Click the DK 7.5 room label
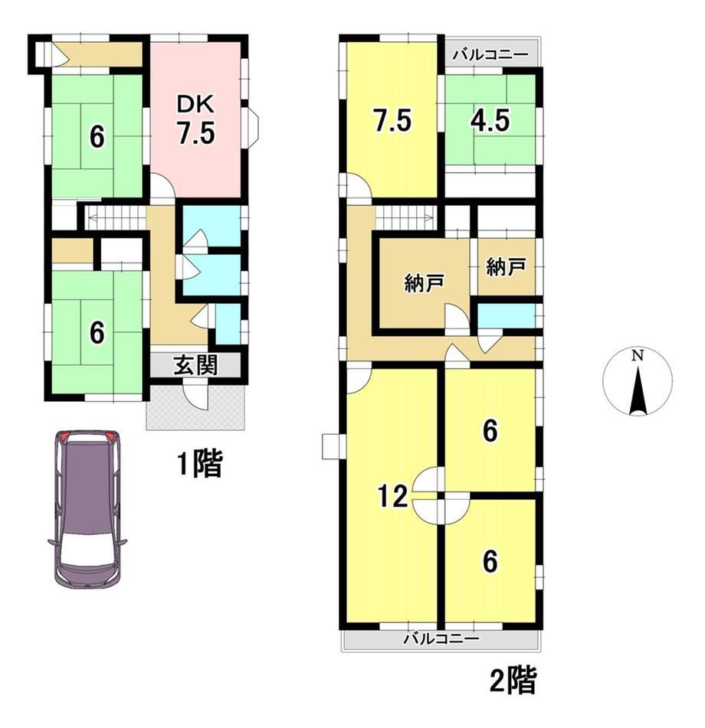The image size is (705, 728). point(195,119)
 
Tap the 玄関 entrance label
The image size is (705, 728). point(195,365)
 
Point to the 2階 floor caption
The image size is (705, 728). point(513,680)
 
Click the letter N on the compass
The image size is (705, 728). point(638,356)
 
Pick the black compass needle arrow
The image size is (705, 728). point(638,390)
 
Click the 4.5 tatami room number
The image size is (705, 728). point(490,121)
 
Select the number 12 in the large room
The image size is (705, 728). point(392,497)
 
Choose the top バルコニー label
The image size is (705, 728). point(491,54)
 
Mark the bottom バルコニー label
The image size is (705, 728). point(441,639)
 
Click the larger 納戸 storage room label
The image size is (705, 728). point(425,283)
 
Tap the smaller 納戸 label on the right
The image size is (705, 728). point(506,266)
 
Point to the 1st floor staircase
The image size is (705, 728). point(116,217)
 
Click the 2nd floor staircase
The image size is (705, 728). point(405,217)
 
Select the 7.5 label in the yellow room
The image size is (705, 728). point(392,121)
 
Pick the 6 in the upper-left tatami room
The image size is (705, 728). point(97,137)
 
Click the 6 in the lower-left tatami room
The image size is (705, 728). point(97,333)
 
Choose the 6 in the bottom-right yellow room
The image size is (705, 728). point(490,561)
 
